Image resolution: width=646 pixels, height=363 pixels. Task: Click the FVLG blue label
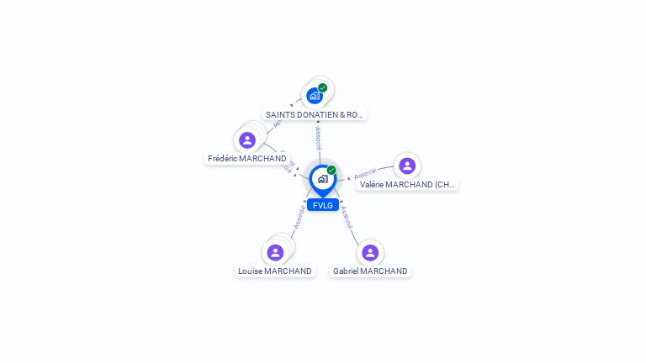click(322, 205)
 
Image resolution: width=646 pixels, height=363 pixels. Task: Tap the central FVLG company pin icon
click(322, 179)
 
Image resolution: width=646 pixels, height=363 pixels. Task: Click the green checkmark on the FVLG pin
click(331, 171)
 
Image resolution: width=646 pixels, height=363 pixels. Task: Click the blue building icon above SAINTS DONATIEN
click(315, 96)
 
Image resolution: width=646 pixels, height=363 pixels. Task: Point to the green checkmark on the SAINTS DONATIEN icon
click(323, 88)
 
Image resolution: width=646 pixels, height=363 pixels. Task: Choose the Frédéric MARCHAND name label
click(247, 158)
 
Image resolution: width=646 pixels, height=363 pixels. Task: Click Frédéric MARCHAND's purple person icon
click(247, 140)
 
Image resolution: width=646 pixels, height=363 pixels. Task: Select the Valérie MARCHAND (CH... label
click(407, 184)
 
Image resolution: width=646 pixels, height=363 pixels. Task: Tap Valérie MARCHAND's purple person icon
click(407, 166)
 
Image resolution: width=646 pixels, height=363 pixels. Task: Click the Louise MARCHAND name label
click(275, 271)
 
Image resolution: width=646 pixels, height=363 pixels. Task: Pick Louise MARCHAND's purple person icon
click(275, 252)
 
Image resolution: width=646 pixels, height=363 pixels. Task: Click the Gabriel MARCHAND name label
click(370, 271)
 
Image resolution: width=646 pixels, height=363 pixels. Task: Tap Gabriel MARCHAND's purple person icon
click(370, 252)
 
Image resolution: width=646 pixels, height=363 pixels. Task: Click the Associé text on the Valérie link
click(365, 174)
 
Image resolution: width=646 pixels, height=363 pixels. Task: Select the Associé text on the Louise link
click(298, 218)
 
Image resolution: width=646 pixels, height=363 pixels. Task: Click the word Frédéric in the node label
click(222, 158)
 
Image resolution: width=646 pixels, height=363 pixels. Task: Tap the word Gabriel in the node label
click(347, 271)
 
